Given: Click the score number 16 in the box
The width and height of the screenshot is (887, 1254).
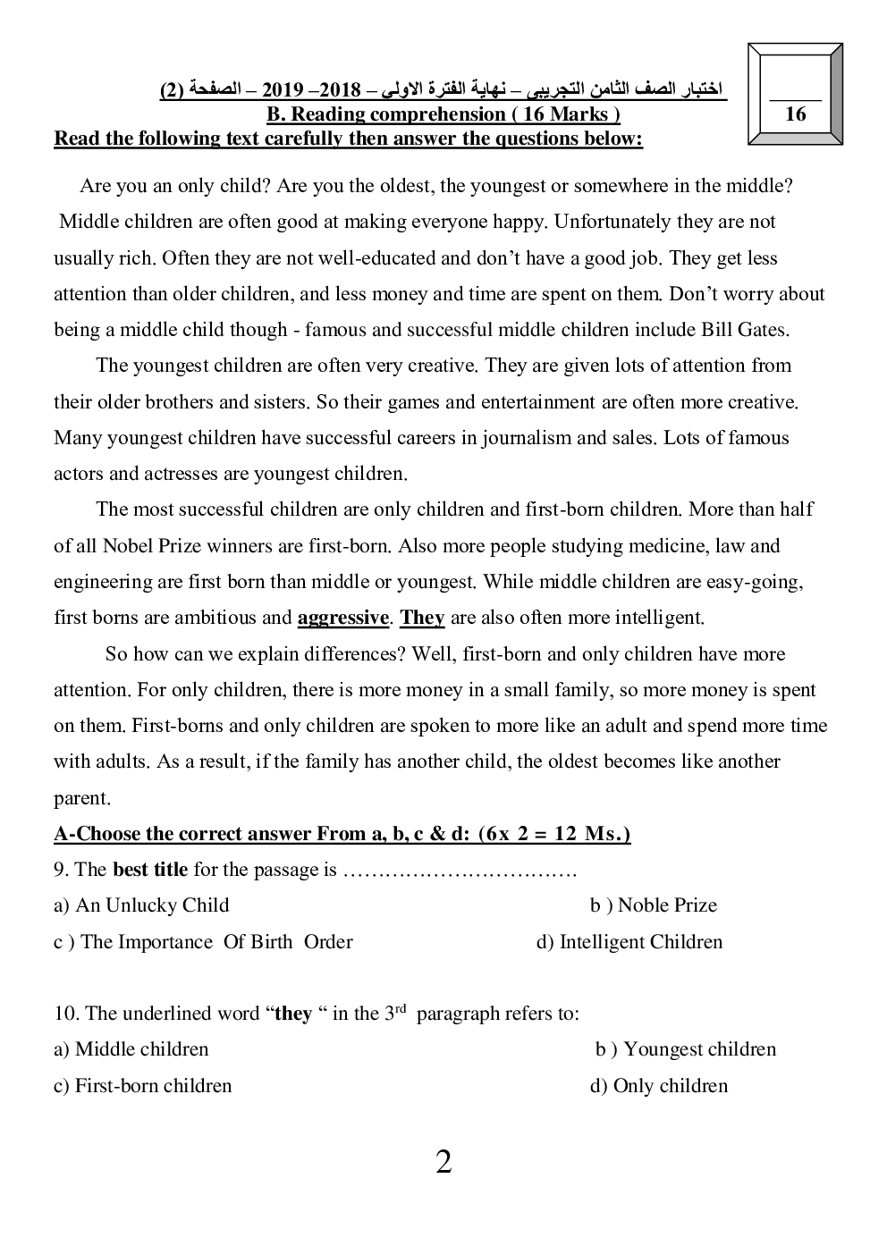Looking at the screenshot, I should click(x=794, y=114).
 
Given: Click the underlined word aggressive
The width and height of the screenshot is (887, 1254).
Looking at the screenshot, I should click(x=342, y=618).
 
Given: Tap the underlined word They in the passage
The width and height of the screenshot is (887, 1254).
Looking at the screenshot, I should click(x=422, y=618).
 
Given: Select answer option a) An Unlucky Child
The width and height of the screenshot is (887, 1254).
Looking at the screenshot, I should click(x=141, y=905).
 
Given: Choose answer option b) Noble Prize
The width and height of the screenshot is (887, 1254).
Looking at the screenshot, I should click(x=654, y=905).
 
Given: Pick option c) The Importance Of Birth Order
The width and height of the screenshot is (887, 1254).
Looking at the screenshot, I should click(x=203, y=942).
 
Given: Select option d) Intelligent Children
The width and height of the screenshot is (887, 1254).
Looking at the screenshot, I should click(x=629, y=942).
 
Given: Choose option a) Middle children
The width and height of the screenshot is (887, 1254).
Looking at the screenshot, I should click(x=131, y=1049).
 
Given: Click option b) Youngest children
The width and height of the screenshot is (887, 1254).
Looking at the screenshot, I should click(x=686, y=1049).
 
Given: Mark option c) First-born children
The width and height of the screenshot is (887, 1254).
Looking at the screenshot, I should click(x=142, y=1086).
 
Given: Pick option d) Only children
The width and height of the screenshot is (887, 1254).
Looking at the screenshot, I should click(x=659, y=1086).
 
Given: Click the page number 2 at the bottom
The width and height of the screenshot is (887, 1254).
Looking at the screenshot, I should click(x=443, y=1163).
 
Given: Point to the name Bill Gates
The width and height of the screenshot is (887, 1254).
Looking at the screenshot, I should click(x=748, y=330).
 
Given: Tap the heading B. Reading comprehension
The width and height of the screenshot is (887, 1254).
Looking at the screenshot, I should click(x=443, y=114).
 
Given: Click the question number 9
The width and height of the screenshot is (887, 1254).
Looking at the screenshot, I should click(x=61, y=870).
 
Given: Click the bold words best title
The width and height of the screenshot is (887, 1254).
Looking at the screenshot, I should click(x=150, y=870).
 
